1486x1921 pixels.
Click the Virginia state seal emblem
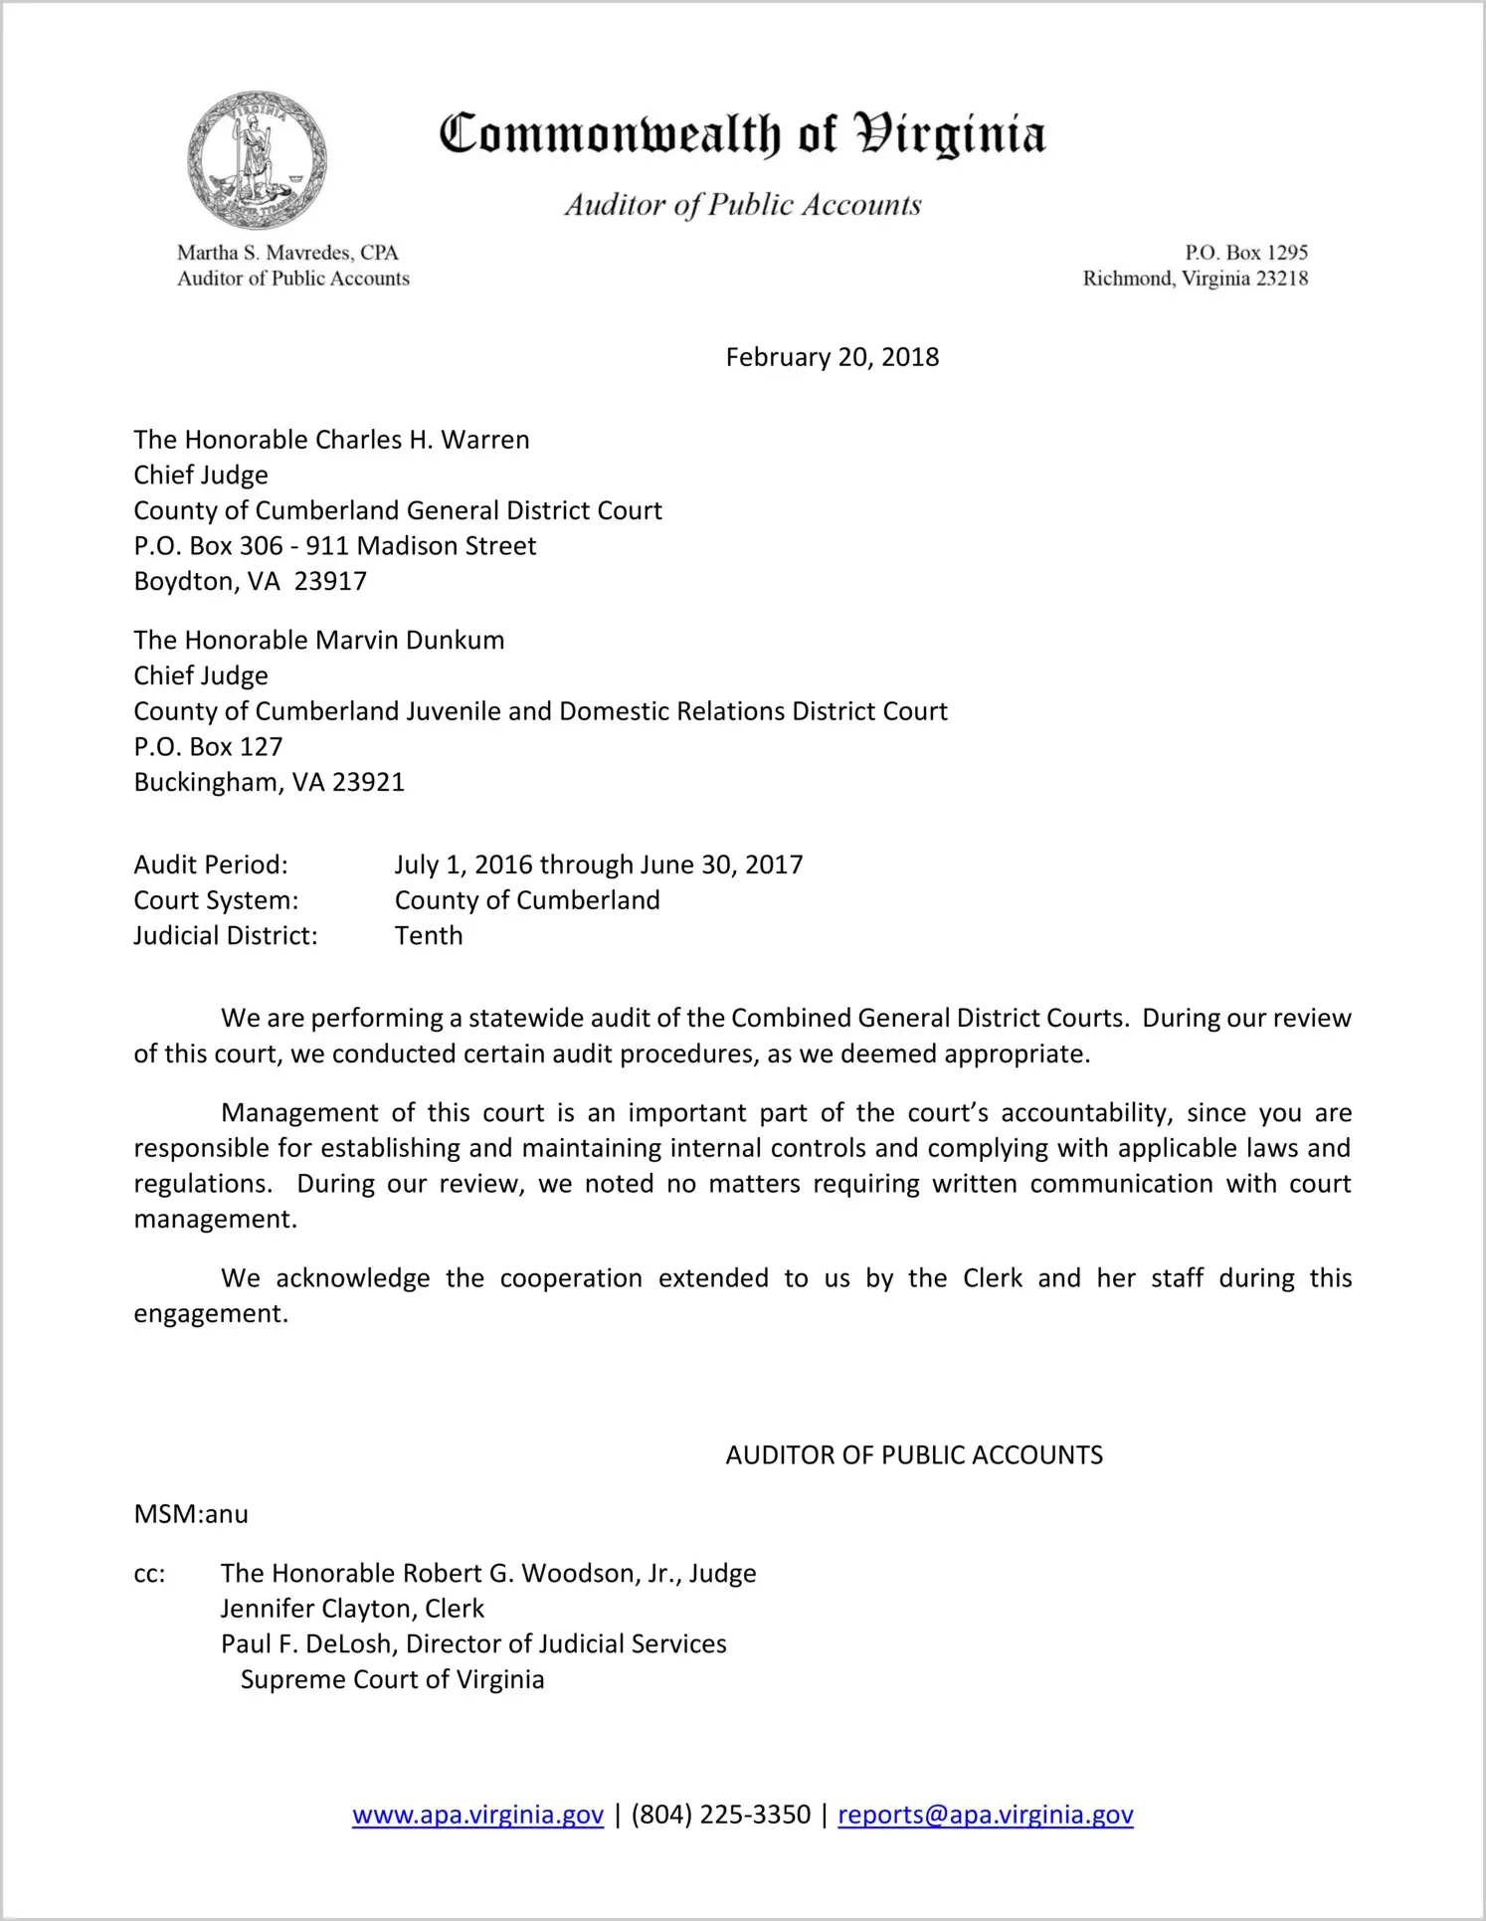pos(257,160)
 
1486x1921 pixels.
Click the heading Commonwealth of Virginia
pos(742,135)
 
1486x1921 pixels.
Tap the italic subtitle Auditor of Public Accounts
pos(743,205)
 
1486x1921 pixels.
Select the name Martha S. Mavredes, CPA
pos(287,253)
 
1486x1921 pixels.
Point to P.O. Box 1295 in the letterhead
pos(1245,253)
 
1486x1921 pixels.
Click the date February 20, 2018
pos(832,357)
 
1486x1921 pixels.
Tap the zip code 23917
pos(330,581)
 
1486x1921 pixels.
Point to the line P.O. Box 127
pos(208,746)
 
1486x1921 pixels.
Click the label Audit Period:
pos(211,864)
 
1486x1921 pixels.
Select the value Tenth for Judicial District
pos(429,935)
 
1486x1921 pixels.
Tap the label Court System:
pos(216,900)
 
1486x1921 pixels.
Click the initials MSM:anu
pos(191,1514)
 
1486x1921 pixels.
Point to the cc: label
pos(149,1573)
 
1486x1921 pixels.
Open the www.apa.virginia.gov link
pos(477,1815)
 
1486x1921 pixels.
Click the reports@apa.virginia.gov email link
pos(985,1815)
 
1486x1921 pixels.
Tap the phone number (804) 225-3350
pos(720,1815)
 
